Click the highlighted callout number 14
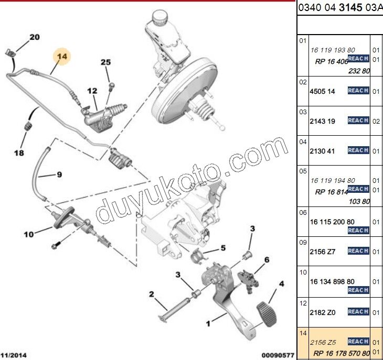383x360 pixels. point(62,57)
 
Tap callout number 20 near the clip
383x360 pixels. point(34,37)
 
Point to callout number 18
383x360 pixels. point(19,154)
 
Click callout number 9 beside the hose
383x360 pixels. point(59,174)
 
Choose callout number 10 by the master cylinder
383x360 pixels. point(28,234)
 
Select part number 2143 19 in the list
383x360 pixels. point(322,121)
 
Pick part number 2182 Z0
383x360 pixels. point(322,312)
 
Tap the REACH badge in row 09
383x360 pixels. point(358,251)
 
